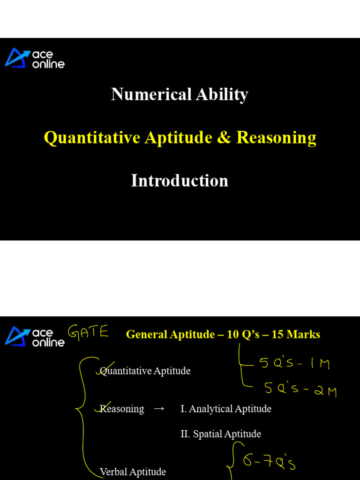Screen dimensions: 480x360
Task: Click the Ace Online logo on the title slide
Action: coord(35,59)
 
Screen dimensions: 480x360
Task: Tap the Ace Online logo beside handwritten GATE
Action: coord(35,337)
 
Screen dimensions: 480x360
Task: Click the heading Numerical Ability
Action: coord(180,95)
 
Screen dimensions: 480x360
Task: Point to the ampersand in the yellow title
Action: coord(224,138)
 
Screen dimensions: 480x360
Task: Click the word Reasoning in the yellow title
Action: coord(276,138)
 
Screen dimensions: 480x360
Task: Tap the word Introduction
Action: coord(180,181)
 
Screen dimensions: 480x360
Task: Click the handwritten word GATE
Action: coord(89,333)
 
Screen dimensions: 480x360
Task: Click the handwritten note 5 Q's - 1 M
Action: coord(294,363)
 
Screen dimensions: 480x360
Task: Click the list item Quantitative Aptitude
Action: coord(145,371)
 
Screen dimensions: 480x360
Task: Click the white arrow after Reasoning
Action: coord(159,409)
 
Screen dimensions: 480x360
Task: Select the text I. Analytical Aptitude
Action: coord(226,409)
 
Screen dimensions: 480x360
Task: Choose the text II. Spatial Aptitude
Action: coord(221,434)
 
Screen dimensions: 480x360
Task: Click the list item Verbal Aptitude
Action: coord(133,472)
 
